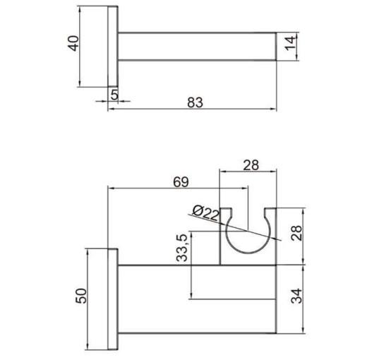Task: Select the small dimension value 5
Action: point(114,93)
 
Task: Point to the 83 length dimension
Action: point(195,102)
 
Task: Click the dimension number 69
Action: point(181,181)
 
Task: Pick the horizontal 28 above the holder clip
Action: point(251,164)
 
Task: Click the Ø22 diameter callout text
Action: point(205,212)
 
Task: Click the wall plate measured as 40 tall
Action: point(113,47)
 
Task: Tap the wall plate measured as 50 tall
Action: point(112,299)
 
